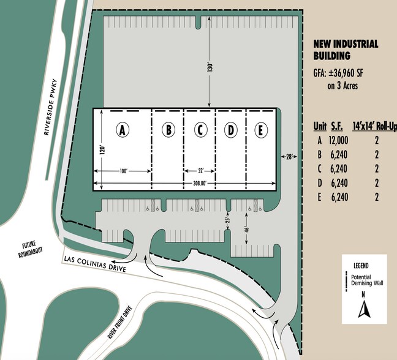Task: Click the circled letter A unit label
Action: pos(123,130)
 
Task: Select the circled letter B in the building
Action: pos(167,130)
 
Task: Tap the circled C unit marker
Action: pos(200,130)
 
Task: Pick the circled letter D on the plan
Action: pos(231,130)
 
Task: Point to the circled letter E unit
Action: pos(262,130)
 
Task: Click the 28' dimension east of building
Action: pos(289,157)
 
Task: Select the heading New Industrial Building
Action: pos(345,50)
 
